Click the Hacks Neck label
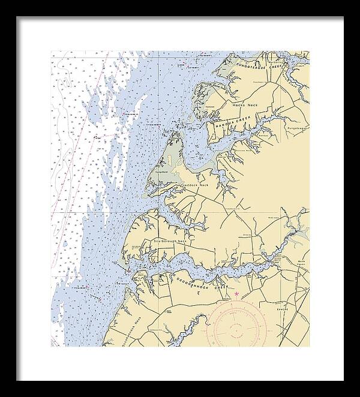click(x=244, y=105)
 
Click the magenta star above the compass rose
click(x=236, y=293)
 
